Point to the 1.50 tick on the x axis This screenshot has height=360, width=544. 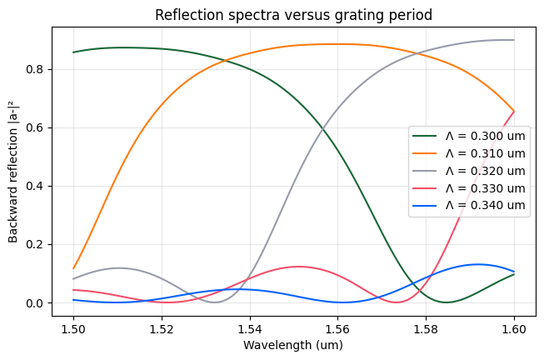pos(73,327)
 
